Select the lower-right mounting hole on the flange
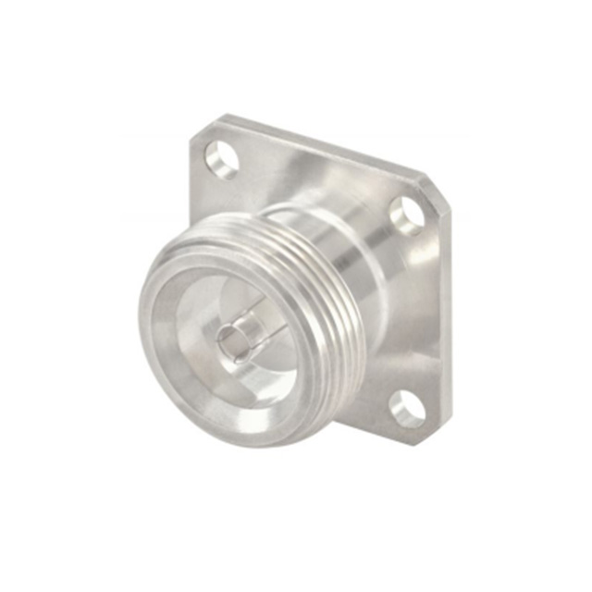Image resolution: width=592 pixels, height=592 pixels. pyautogui.click(x=407, y=408)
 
